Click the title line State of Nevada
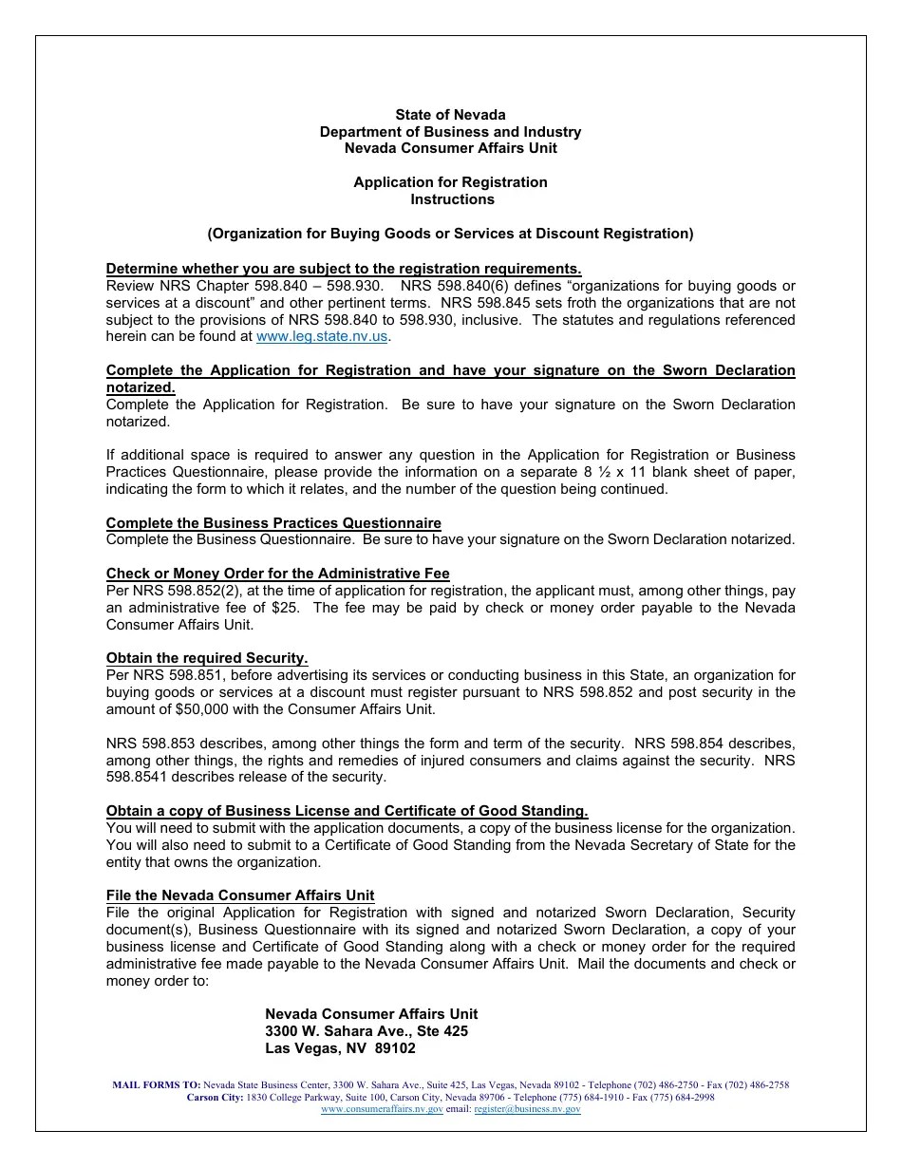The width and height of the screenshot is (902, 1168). tap(450, 115)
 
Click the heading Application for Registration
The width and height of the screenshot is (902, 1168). tap(450, 182)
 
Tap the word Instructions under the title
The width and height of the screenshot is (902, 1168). tap(452, 199)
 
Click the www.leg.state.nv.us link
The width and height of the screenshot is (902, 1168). tap(323, 336)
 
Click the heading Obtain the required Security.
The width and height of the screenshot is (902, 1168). tap(207, 658)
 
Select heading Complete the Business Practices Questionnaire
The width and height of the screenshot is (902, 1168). tap(273, 523)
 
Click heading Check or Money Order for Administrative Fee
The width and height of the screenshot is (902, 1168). tap(277, 574)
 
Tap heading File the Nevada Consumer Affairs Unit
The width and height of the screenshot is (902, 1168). tap(240, 895)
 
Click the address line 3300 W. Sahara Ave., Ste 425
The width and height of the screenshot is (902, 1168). tap(366, 1031)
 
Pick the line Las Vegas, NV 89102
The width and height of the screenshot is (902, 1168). tap(340, 1049)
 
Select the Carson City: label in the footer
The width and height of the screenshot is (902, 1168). tap(215, 1097)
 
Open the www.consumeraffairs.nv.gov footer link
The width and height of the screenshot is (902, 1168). tap(382, 1109)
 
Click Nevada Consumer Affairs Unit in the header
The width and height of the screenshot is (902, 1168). tap(450, 148)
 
